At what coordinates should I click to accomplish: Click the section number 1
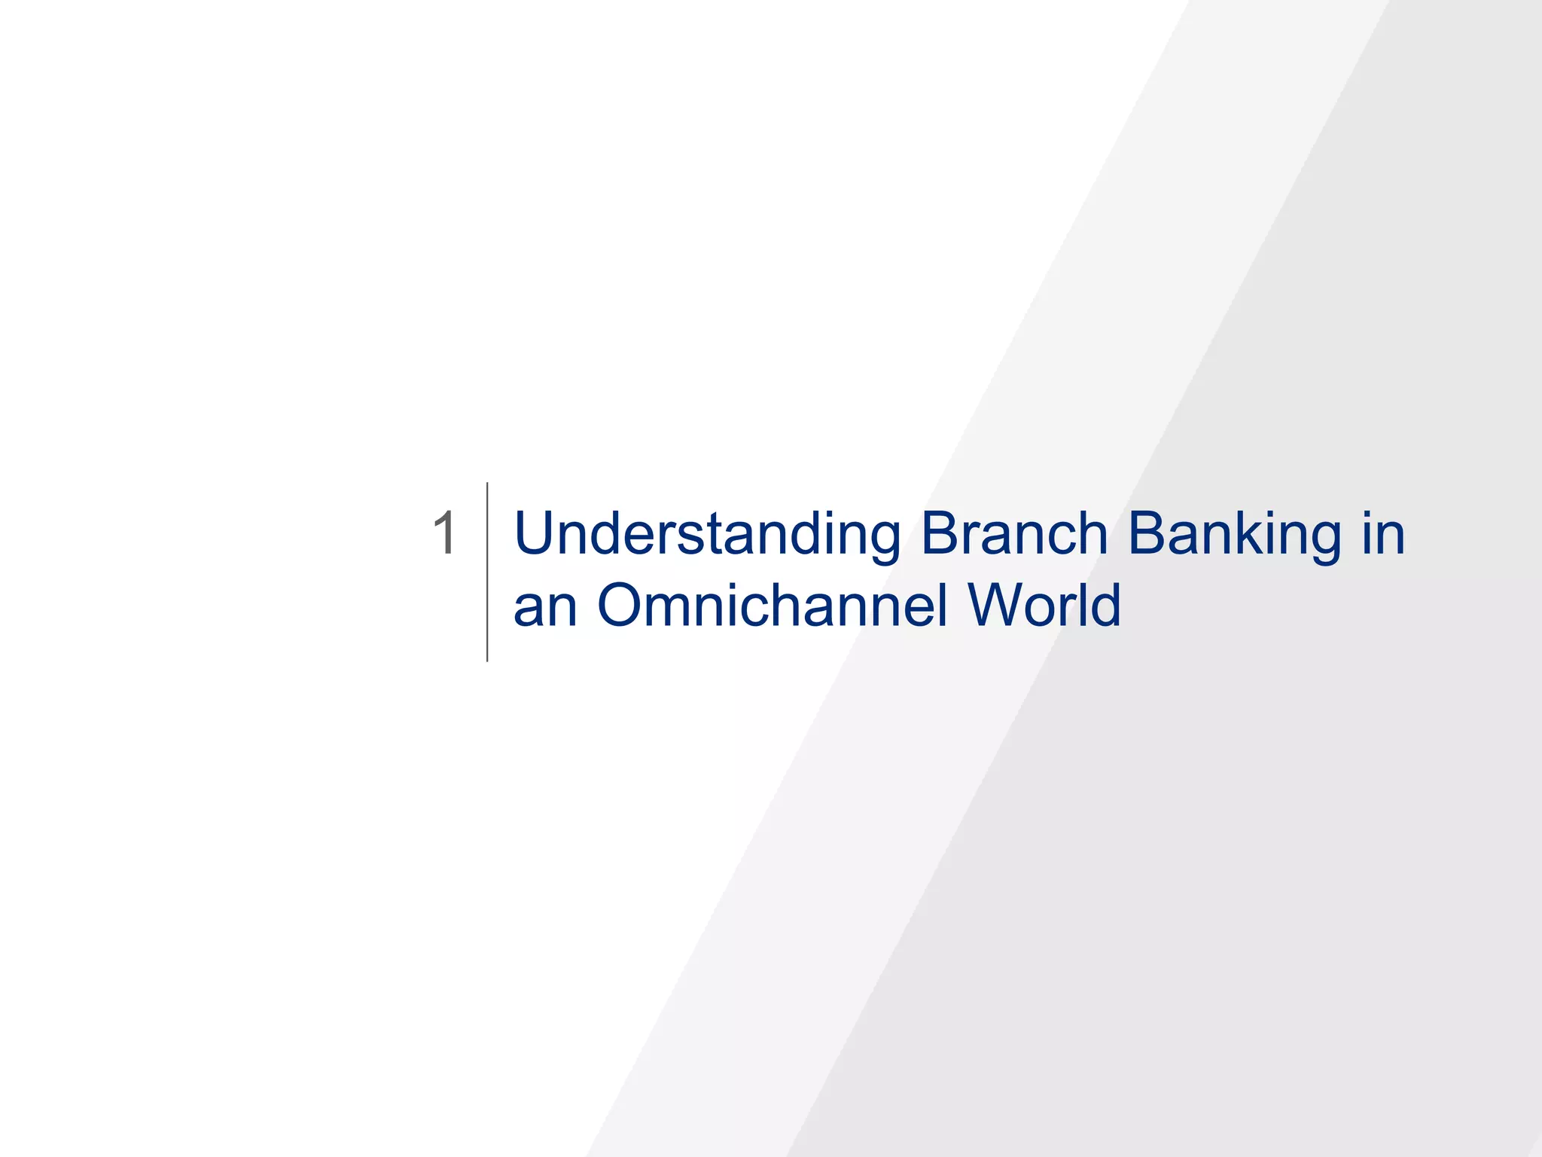pyautogui.click(x=444, y=533)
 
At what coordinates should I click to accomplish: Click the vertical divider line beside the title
pyautogui.click(x=487, y=572)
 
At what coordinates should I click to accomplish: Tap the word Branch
pyautogui.click(x=1013, y=533)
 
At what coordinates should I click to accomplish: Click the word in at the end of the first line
pyautogui.click(x=1383, y=533)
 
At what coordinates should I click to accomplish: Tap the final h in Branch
pyautogui.click(x=1092, y=533)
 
